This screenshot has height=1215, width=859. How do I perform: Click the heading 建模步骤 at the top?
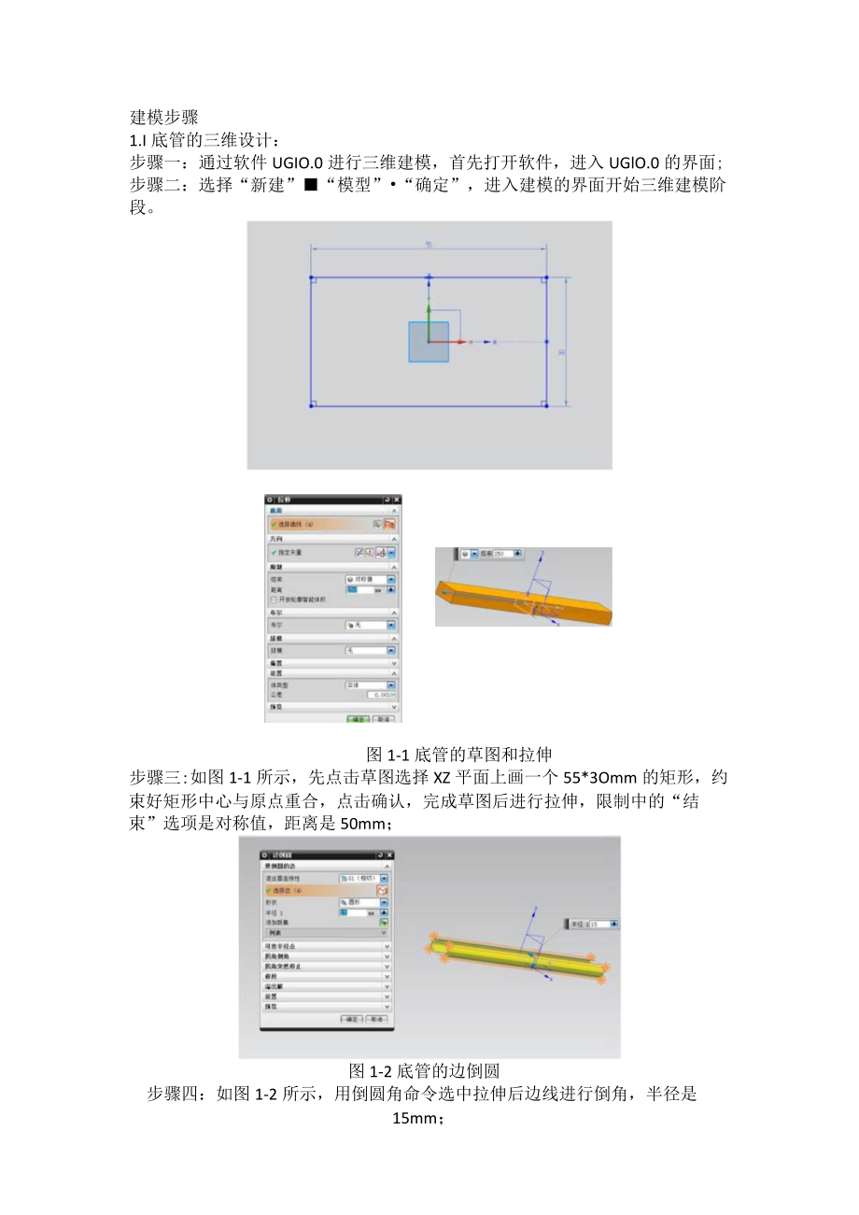click(163, 118)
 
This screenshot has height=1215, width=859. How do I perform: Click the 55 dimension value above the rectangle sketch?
click(428, 245)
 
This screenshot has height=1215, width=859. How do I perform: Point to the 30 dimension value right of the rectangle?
click(561, 352)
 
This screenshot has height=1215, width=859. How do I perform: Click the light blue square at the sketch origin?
click(429, 342)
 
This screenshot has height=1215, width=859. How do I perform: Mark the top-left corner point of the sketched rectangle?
click(311, 277)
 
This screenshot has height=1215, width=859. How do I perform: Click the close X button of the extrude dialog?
click(397, 501)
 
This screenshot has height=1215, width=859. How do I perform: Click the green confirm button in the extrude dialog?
click(359, 719)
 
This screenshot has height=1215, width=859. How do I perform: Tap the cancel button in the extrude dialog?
click(383, 719)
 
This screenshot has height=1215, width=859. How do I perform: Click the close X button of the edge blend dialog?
click(388, 855)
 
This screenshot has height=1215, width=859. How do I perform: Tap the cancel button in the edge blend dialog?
click(376, 1019)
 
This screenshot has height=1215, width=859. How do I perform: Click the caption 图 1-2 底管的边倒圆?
click(425, 1070)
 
